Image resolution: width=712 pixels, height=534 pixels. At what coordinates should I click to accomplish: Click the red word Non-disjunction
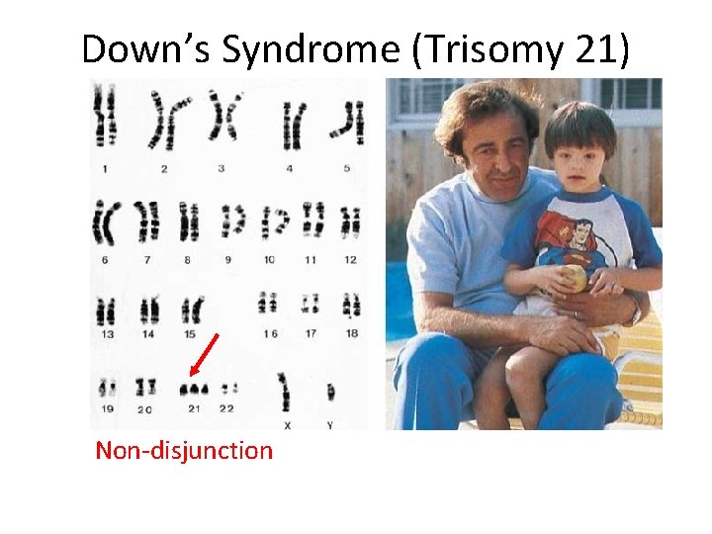[x=183, y=451]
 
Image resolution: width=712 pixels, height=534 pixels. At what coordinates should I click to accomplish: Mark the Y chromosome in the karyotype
[x=330, y=392]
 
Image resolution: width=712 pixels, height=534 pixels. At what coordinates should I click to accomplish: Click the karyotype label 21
[x=193, y=408]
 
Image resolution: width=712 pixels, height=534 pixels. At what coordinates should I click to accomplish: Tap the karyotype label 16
[x=269, y=334]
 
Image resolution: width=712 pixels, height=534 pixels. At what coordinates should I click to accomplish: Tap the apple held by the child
[x=577, y=279]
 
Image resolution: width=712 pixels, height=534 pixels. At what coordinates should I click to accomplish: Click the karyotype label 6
[x=104, y=260]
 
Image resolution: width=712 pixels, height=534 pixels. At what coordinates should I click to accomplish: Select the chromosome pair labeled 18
[x=351, y=304]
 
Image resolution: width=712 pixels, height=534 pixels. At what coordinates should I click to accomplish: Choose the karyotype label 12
[x=350, y=260]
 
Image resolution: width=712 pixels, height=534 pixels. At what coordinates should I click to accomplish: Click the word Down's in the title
[x=146, y=49]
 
